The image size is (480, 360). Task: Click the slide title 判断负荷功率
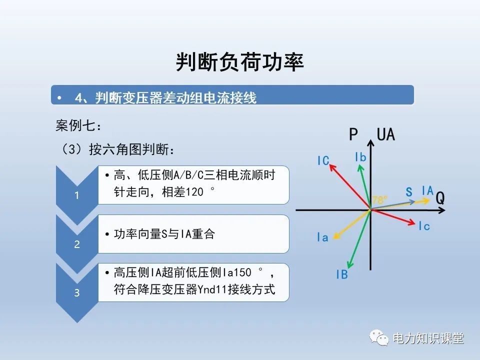pos(240,62)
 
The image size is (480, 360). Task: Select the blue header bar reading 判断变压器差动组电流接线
pos(232,96)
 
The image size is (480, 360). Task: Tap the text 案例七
pos(74,126)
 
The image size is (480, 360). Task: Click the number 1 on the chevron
pos(76,195)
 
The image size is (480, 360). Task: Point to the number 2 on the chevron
pos(76,244)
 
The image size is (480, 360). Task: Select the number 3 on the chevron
pos(76,293)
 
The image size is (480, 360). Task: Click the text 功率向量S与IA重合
pos(164,234)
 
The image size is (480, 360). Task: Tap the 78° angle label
pos(379,200)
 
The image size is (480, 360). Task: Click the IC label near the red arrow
pos(323,160)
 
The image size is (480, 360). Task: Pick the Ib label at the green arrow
pos(360,157)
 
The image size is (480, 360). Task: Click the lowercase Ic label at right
pos(424,226)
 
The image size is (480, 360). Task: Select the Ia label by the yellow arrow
pos(322,237)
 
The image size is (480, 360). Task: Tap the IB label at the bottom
pos(342,274)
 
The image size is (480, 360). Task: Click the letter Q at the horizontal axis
pos(440,198)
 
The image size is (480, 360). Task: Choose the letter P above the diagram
pos(353,134)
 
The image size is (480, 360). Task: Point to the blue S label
pos(409,192)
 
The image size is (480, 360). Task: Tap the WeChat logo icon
pos(379,338)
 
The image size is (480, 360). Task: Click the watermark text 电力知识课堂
pos(428,338)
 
